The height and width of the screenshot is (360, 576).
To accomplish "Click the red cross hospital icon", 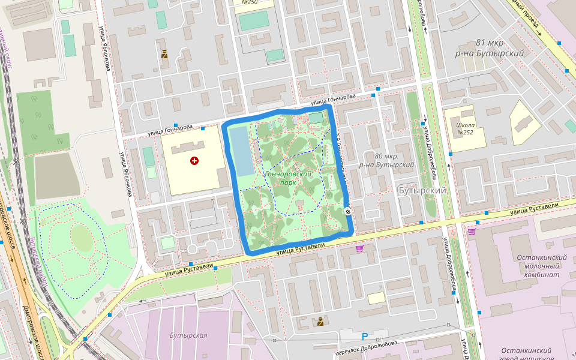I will [x=194, y=161].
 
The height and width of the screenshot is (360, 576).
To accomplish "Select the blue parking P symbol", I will [x=364, y=337].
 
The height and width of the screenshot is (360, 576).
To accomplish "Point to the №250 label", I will [x=250, y=2].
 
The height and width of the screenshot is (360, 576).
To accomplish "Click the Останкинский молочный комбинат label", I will [x=542, y=266].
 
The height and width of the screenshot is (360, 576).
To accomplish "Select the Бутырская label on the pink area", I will [x=188, y=335].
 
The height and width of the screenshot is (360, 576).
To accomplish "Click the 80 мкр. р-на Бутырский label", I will [x=386, y=160].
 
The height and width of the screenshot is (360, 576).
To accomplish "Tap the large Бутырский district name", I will [x=422, y=190].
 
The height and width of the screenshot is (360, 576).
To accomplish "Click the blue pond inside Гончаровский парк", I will [x=242, y=151].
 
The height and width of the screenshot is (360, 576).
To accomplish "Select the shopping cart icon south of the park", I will [x=359, y=248].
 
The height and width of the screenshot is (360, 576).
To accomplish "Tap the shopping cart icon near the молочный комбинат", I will [x=472, y=230].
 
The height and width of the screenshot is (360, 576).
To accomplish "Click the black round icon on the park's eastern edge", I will [x=348, y=210].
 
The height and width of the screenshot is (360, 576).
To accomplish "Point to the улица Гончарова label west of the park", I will [x=170, y=128].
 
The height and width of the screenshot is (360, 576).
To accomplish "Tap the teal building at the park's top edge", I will [x=316, y=118].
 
